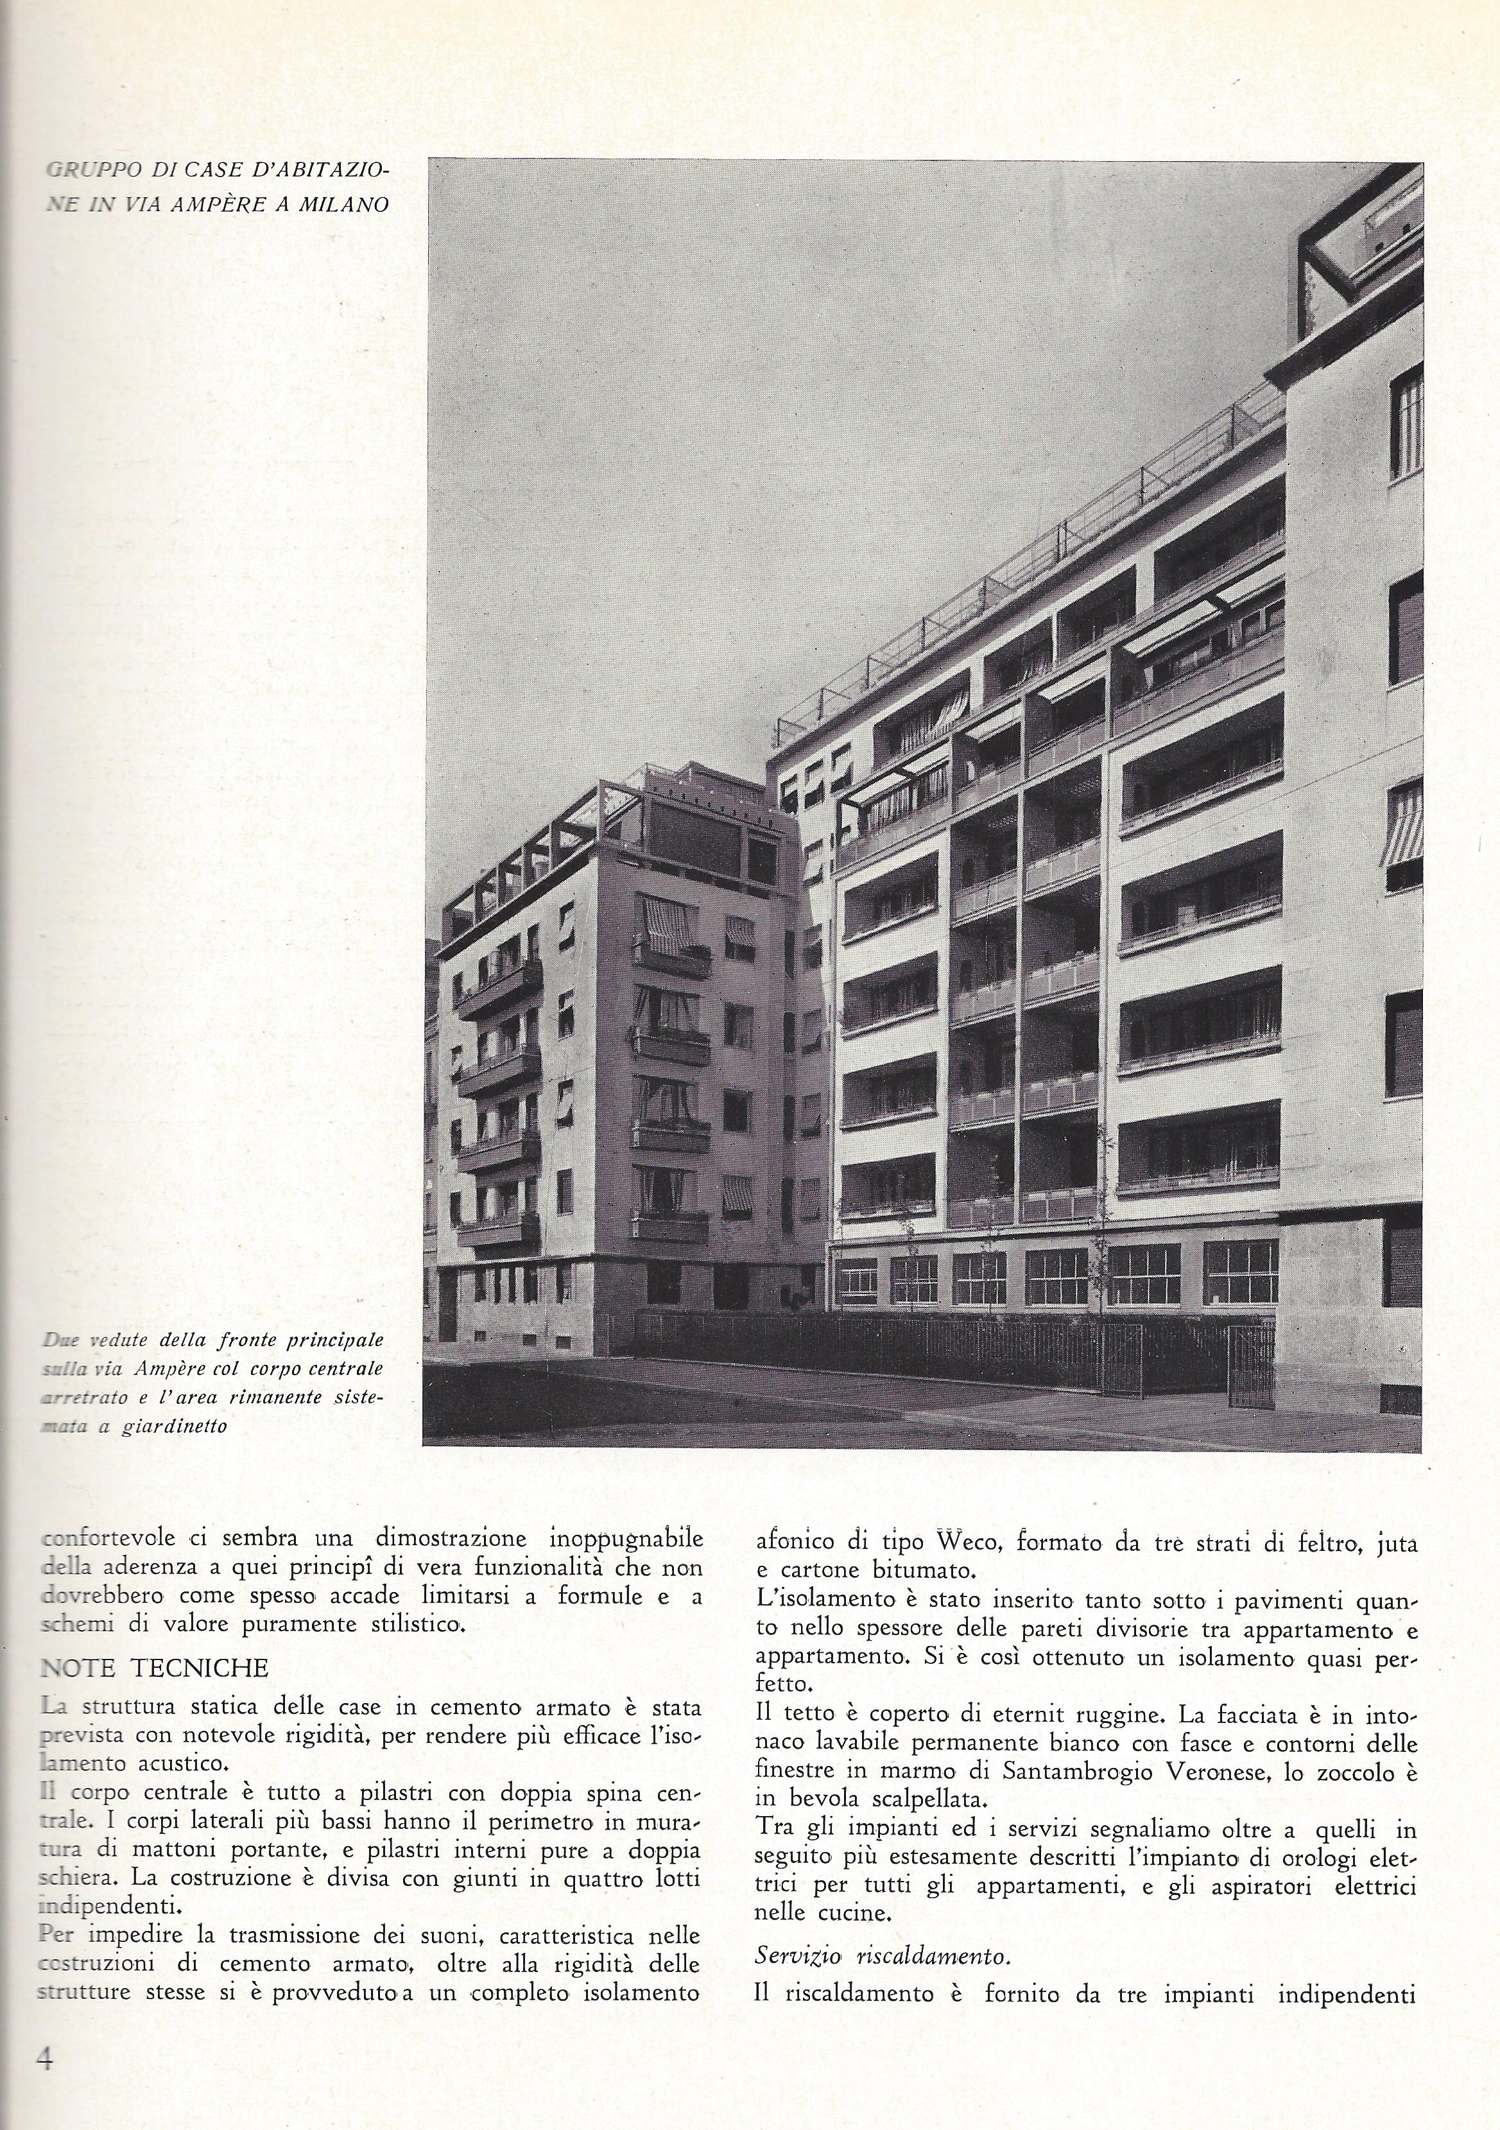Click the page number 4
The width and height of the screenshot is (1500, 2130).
coord(44,2055)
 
